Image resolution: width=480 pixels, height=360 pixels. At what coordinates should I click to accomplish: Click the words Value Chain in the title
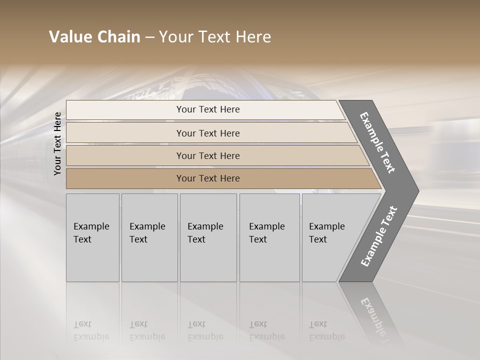94,37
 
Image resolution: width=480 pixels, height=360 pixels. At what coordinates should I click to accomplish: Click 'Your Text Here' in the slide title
215,37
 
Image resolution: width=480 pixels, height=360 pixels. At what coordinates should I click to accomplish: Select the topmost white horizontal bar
125,109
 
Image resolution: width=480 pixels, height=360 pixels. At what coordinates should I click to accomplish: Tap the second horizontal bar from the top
125,133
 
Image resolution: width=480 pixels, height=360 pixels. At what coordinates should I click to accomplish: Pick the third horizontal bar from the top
125,155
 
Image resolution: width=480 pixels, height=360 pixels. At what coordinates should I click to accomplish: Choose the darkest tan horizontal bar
125,178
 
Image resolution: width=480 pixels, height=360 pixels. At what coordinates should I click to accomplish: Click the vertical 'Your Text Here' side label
57,143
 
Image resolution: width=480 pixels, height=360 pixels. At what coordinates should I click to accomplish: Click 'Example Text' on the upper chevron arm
377,142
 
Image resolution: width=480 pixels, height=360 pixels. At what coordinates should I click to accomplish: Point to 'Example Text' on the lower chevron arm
378,236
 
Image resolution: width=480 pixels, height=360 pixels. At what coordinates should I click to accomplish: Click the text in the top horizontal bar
208,109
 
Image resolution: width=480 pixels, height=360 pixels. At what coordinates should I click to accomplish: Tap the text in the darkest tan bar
208,178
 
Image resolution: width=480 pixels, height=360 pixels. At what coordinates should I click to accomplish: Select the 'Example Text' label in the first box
91,233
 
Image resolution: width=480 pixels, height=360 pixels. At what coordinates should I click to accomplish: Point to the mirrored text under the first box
91,330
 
